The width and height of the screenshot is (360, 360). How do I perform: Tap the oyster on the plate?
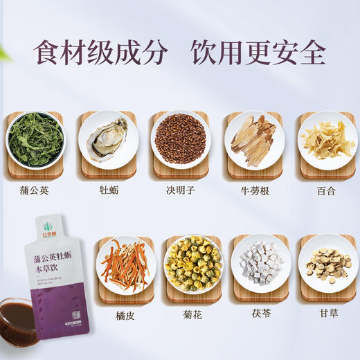pos(107,138)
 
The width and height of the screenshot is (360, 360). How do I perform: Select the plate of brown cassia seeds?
pos(180,139)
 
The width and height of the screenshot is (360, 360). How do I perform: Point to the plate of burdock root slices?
pos(253,139)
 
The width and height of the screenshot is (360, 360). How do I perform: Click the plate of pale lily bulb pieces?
pos(326,139)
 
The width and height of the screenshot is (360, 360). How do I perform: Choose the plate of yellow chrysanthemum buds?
pos(193,264)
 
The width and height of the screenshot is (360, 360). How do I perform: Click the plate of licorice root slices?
pos(327,264)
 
